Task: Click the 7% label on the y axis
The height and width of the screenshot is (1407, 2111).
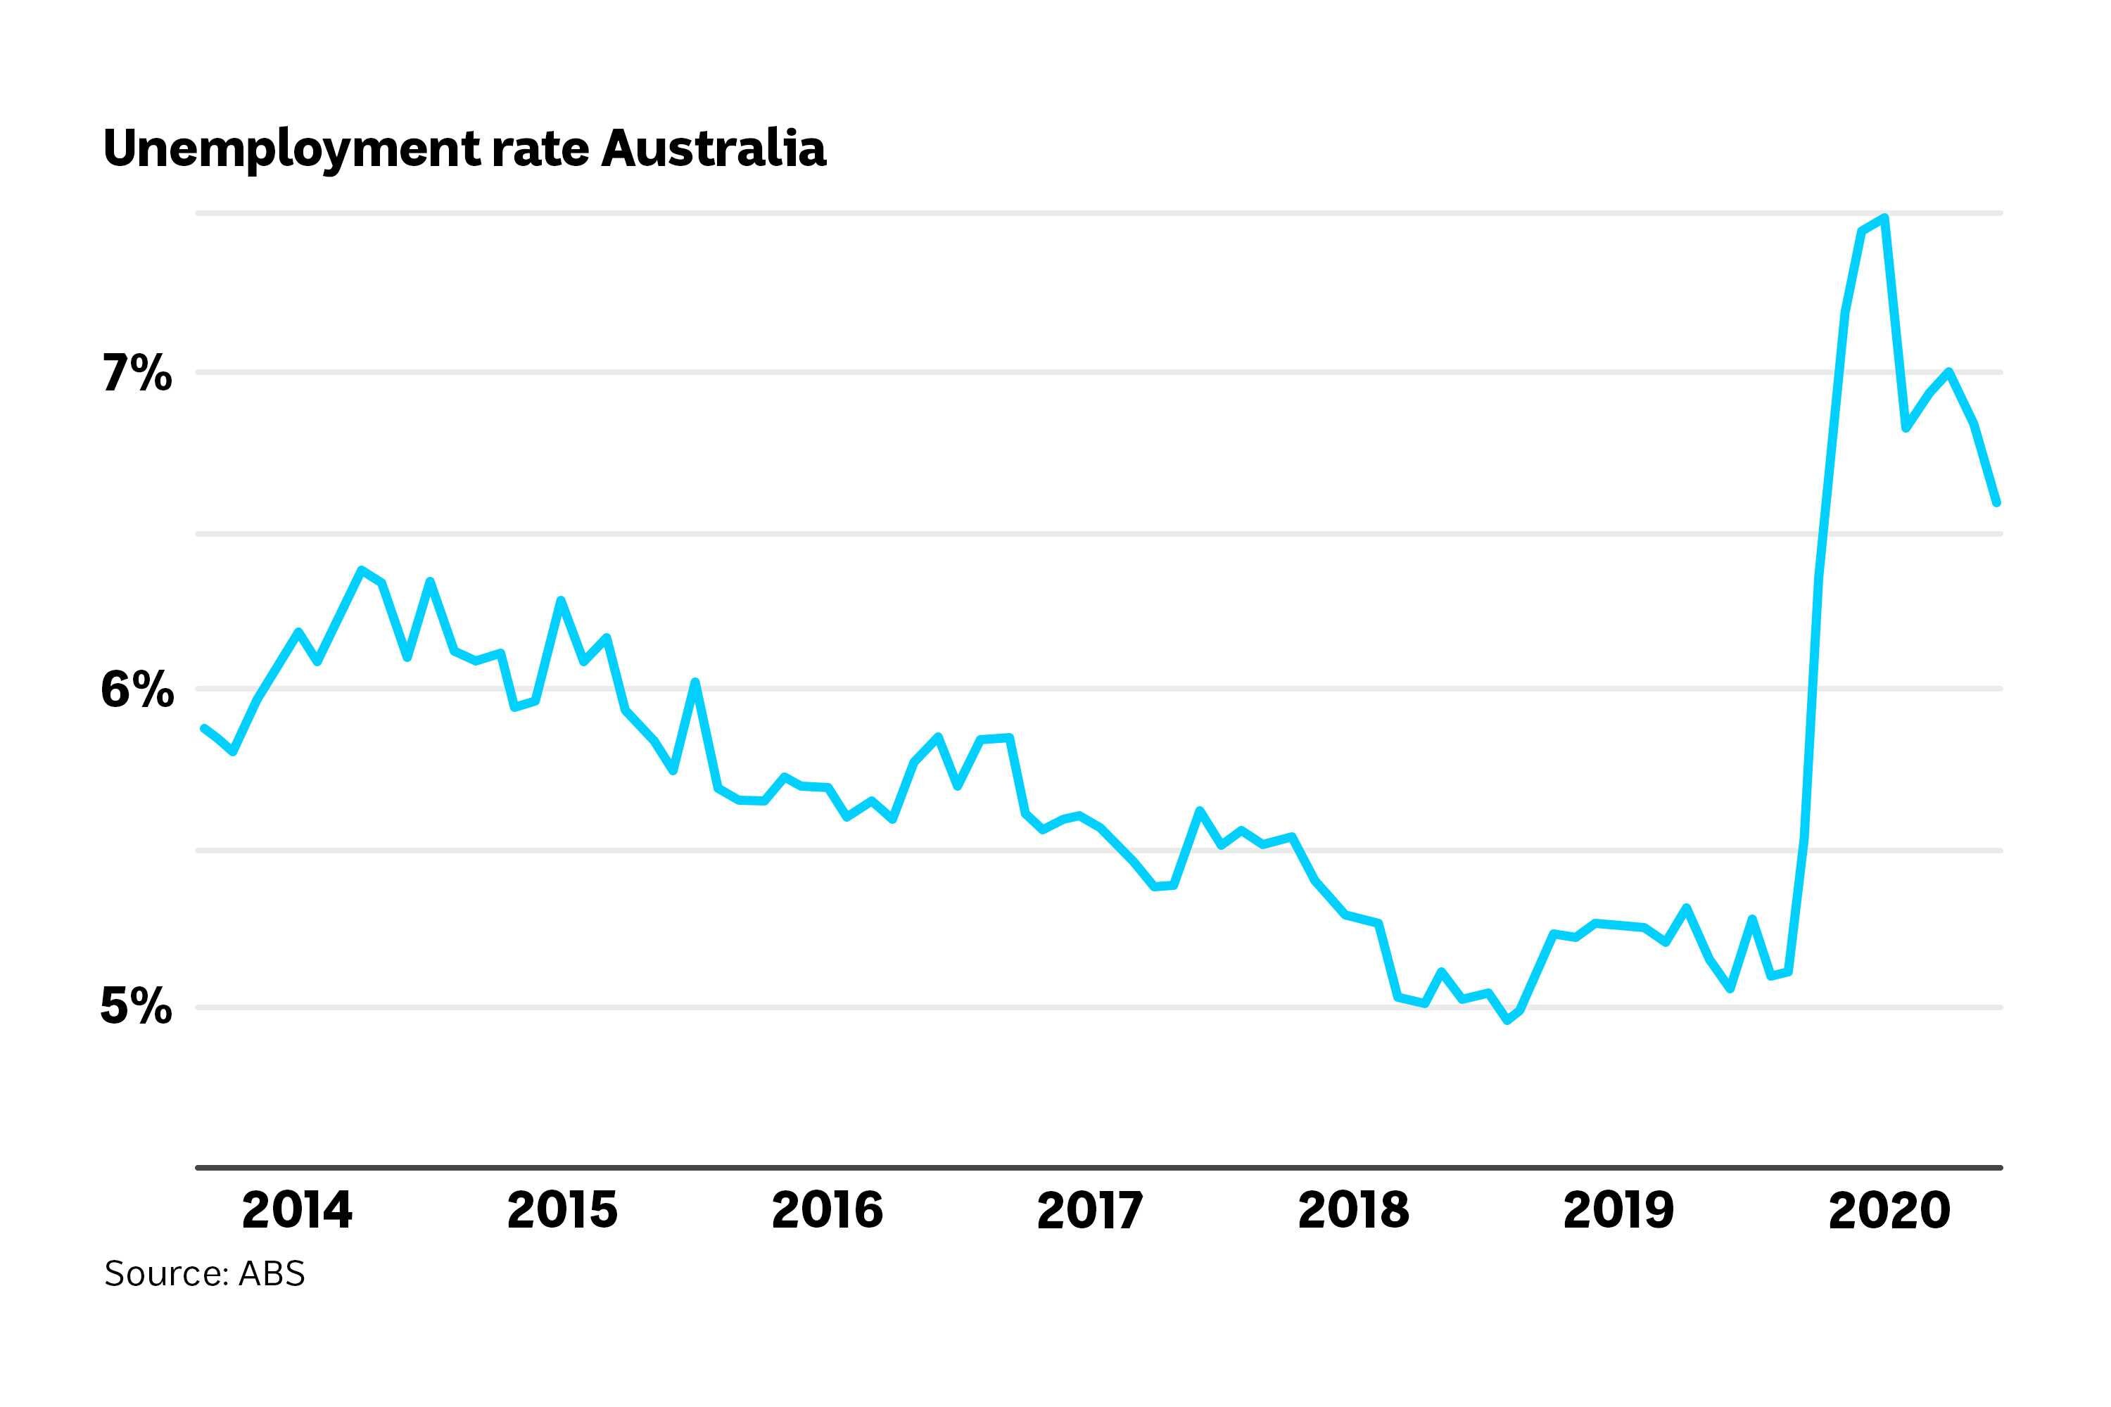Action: pos(136,374)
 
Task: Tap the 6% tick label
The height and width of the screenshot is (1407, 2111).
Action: pos(137,690)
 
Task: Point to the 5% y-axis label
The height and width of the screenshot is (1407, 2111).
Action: pos(136,1006)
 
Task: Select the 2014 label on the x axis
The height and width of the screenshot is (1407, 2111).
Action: pos(297,1211)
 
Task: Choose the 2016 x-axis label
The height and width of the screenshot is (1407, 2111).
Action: pos(827,1211)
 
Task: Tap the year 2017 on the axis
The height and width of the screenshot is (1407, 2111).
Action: pos(1089,1211)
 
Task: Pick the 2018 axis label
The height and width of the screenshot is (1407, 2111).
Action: pos(1353,1211)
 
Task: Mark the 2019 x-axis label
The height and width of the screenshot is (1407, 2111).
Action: pos(1618,1211)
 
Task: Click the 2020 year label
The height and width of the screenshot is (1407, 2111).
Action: pos(1889,1211)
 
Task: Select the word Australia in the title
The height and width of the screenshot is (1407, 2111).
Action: pos(714,148)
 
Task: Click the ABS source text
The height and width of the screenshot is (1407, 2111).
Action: pos(272,1273)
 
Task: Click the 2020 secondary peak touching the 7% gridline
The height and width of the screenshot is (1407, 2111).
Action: pos(1948,371)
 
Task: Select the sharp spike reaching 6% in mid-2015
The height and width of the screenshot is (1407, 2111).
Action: pos(695,682)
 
